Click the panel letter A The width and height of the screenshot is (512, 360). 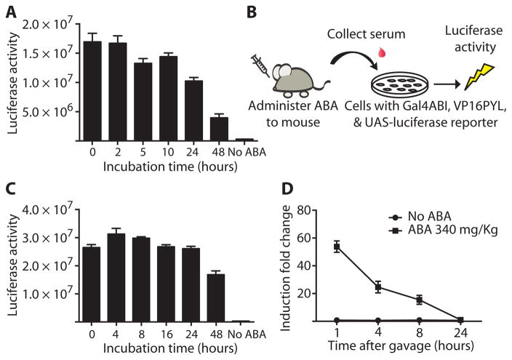[x=9, y=10]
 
